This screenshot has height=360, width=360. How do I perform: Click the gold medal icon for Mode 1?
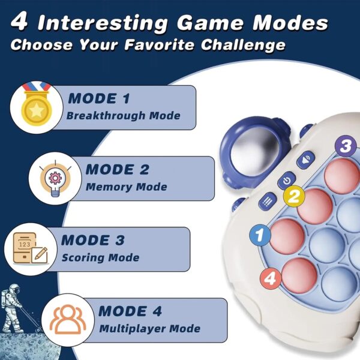click(37, 106)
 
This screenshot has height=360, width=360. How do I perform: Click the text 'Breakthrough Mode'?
click(123, 116)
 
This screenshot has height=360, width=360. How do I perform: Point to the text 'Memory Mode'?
click(126, 187)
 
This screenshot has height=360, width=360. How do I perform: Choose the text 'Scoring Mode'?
click(100, 257)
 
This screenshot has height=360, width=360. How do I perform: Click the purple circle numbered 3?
click(345, 145)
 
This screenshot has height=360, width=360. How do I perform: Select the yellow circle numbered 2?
click(292, 195)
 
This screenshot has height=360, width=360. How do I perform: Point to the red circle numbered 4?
click(271, 278)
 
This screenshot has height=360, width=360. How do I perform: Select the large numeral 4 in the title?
click(20, 23)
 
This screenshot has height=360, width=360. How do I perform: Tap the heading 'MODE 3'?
click(92, 241)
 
